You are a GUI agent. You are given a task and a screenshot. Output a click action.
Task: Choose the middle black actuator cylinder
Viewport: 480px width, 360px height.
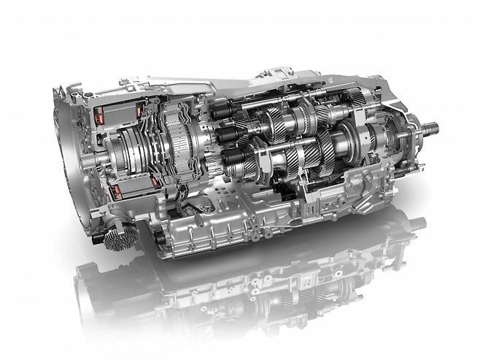222,136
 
